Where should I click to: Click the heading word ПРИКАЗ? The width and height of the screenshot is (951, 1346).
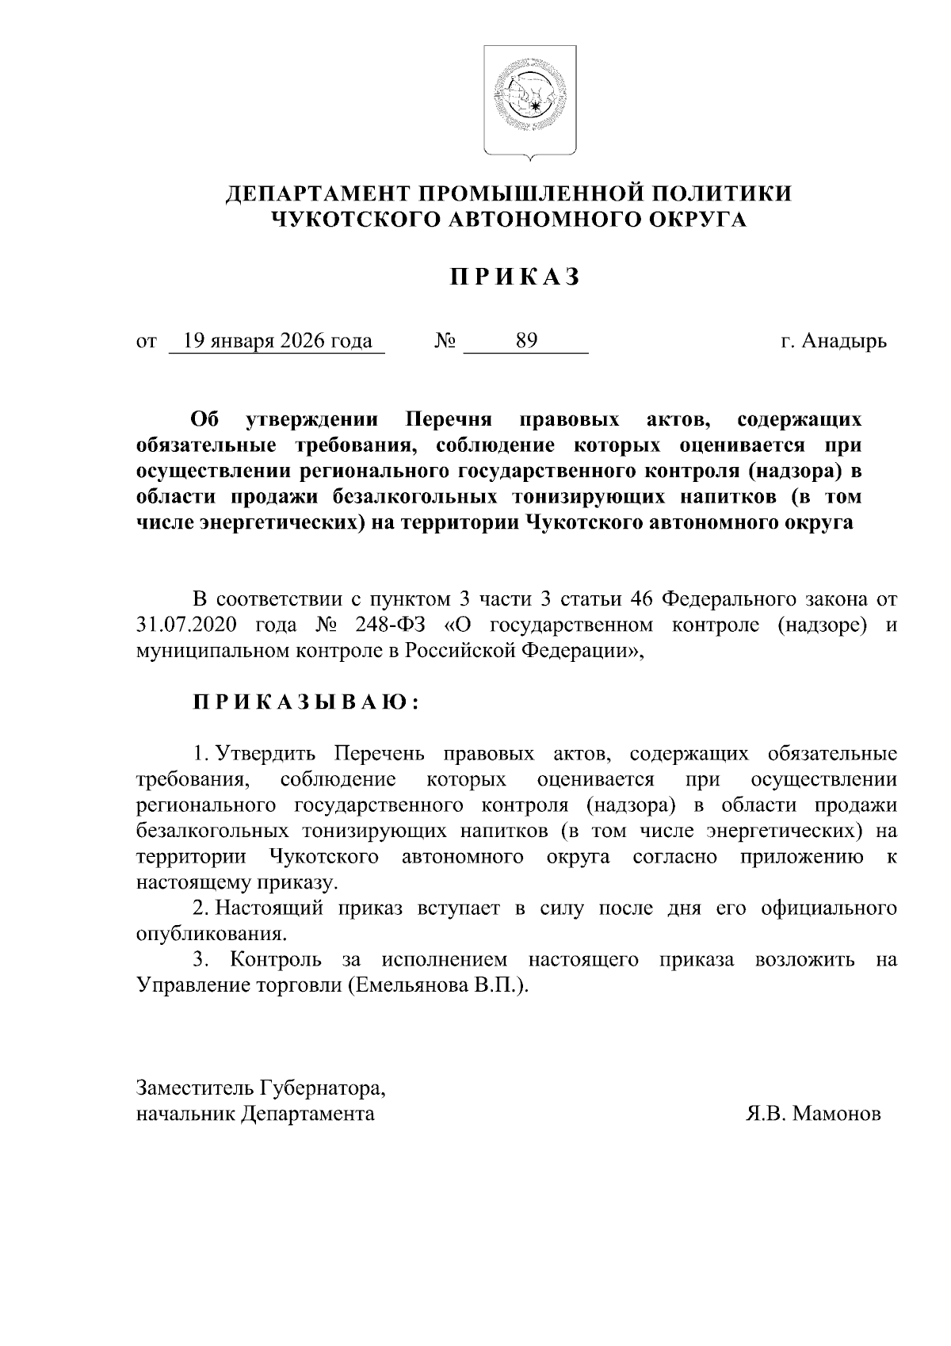[x=516, y=277]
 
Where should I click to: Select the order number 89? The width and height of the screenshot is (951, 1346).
[x=526, y=342]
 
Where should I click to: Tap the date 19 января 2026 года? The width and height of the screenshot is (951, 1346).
[x=277, y=342]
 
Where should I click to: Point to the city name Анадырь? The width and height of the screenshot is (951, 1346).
[x=844, y=342]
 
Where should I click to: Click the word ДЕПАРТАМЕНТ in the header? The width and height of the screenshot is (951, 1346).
[x=317, y=194]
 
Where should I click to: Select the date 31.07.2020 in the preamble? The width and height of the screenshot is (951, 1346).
[x=187, y=625]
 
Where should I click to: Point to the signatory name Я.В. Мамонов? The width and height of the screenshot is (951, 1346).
[x=813, y=1114]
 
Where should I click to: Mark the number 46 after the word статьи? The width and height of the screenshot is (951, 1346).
[x=640, y=598]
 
